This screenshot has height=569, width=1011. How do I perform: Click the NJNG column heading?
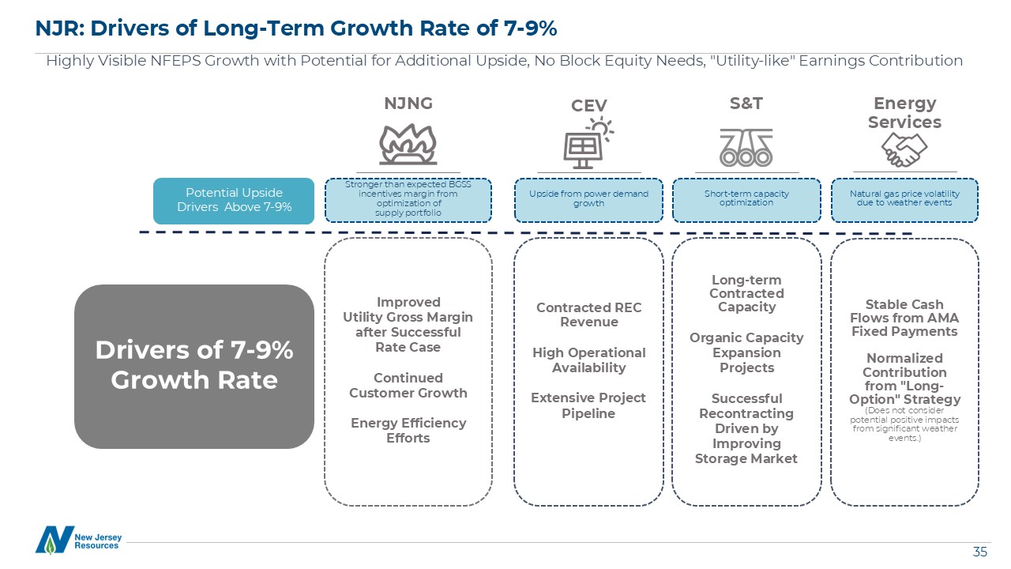pyautogui.click(x=408, y=104)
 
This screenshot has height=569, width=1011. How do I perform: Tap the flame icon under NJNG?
pyautogui.click(x=408, y=143)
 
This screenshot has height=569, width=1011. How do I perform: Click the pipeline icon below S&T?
pyautogui.click(x=746, y=147)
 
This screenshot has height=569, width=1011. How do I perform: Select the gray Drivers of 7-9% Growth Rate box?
pyautogui.click(x=194, y=366)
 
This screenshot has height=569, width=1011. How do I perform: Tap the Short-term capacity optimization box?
pyautogui.click(x=746, y=198)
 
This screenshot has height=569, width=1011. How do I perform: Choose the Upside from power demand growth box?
pyautogui.click(x=588, y=198)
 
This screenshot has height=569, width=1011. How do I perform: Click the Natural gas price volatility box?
pyautogui.click(x=904, y=198)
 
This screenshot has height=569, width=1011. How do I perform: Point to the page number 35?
pyautogui.click(x=979, y=552)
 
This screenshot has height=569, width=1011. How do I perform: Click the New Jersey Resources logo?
pyautogui.click(x=78, y=540)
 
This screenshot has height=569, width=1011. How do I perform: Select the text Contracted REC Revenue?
pyautogui.click(x=588, y=315)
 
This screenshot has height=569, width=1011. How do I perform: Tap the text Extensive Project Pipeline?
pyautogui.click(x=588, y=405)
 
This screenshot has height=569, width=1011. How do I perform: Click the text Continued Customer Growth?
pyautogui.click(x=408, y=385)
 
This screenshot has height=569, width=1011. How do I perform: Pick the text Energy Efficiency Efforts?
pyautogui.click(x=408, y=430)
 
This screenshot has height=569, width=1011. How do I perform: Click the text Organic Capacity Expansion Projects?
pyautogui.click(x=746, y=352)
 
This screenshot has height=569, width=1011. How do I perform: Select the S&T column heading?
pyautogui.click(x=746, y=104)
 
